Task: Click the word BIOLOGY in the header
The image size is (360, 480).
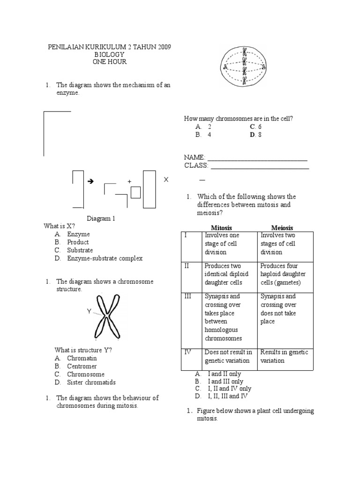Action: tap(110, 54)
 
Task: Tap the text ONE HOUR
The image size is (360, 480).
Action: tap(110, 62)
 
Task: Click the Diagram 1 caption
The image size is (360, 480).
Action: tap(101, 218)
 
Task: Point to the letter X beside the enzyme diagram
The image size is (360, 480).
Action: tap(165, 180)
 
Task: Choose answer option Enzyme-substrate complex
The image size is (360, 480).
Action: tap(105, 258)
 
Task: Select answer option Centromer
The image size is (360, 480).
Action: tap(82, 366)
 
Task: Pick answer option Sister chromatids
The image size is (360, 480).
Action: tap(91, 382)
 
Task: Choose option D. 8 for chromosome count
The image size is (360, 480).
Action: tap(255, 135)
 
